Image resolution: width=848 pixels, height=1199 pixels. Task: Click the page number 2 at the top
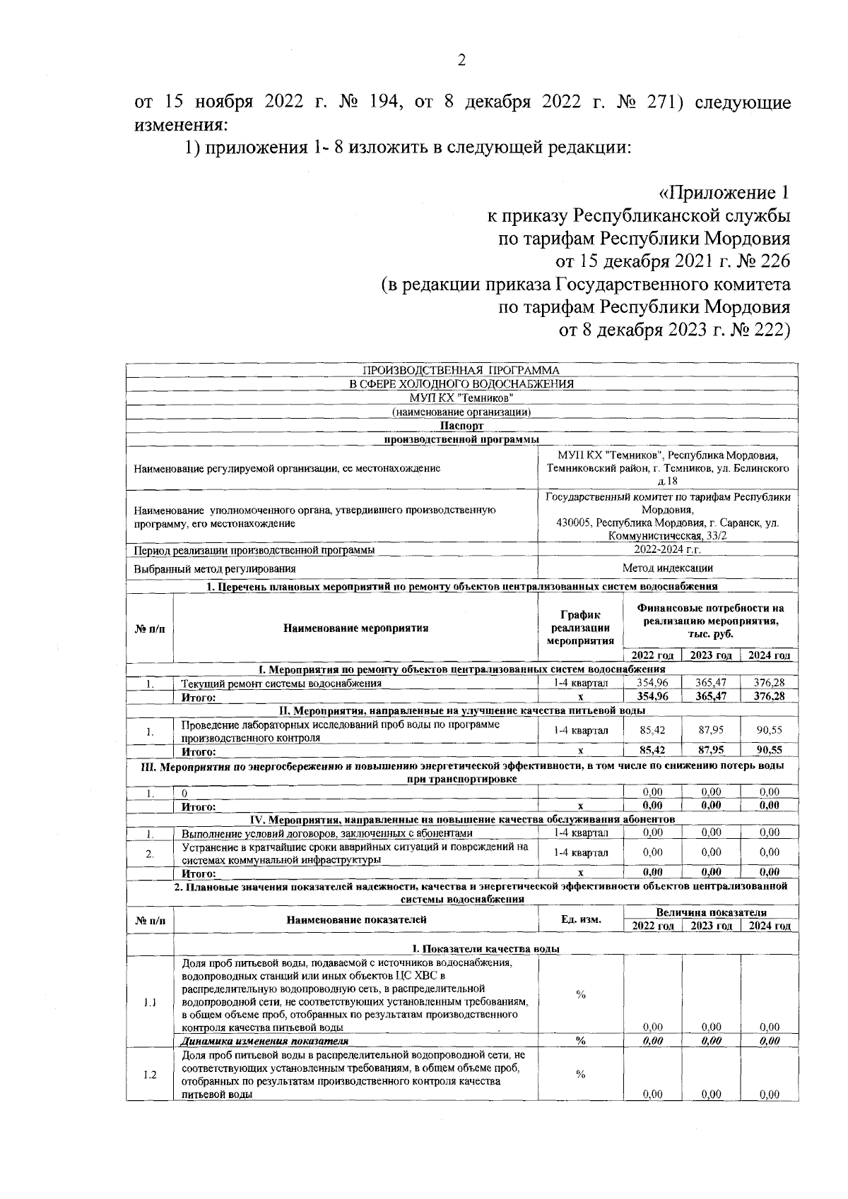(461, 61)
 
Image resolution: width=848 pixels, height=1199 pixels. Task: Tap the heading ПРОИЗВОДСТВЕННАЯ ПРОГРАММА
(461, 370)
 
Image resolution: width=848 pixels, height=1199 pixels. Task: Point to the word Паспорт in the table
(461, 426)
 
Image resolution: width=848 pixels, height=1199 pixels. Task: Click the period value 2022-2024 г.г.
(667, 549)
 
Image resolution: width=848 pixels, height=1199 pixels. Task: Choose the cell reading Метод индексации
(667, 568)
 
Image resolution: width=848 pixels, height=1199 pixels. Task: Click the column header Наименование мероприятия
(355, 627)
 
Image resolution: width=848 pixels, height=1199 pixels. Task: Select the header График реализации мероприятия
(580, 627)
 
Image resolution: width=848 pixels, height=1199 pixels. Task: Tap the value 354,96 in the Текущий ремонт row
(652, 683)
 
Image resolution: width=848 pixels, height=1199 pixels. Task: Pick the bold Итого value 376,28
(769, 696)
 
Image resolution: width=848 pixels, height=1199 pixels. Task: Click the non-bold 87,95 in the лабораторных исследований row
(710, 730)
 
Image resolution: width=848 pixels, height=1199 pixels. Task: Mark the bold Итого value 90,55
(769, 750)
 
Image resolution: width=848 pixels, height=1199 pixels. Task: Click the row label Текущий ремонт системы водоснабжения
(281, 683)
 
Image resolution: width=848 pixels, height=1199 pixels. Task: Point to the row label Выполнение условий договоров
(326, 833)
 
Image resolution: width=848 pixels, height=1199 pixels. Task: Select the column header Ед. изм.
(580, 919)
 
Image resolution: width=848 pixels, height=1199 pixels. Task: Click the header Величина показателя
(710, 912)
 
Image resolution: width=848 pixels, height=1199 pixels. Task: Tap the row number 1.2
(149, 1075)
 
